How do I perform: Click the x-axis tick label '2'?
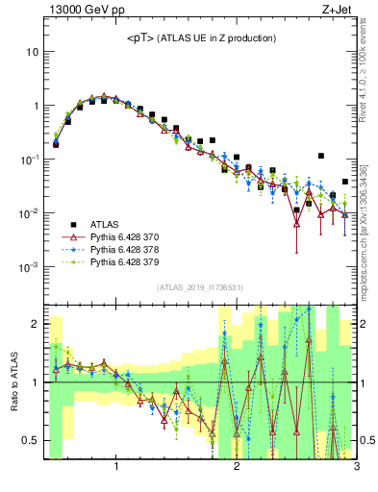tap(237, 468)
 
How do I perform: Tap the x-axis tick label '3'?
tap(356, 468)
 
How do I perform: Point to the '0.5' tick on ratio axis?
tap(29, 440)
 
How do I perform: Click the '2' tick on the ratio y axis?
tap(34, 324)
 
